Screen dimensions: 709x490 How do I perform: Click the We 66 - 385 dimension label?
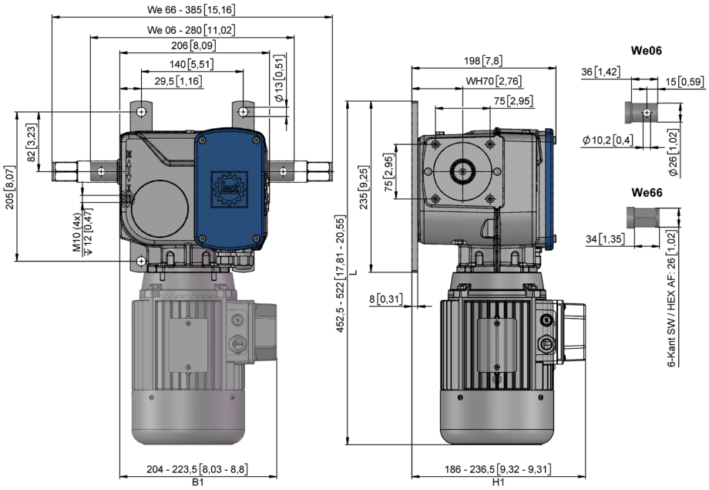[x=191, y=9]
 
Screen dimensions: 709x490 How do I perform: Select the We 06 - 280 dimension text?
[x=191, y=30]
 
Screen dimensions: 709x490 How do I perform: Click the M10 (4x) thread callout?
[x=77, y=232]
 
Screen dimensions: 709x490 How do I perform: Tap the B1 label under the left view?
[x=197, y=482]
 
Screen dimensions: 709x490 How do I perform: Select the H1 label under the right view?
[x=499, y=482]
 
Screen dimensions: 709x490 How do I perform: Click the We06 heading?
[x=646, y=51]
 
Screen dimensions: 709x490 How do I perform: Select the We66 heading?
[x=647, y=193]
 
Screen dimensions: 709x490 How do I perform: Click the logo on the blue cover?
[x=229, y=189]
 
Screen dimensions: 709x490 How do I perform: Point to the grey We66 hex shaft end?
[x=643, y=218]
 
